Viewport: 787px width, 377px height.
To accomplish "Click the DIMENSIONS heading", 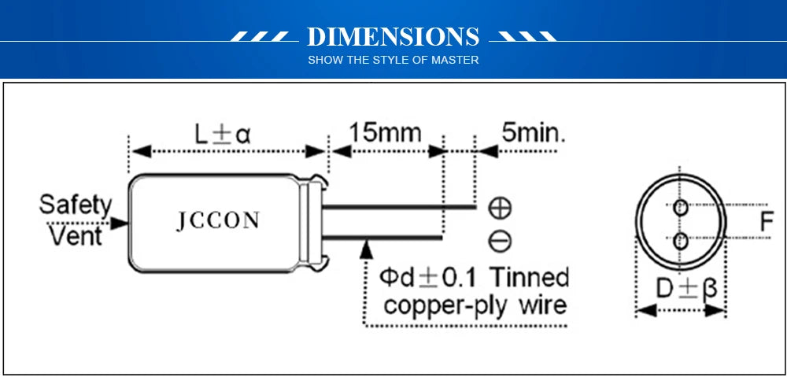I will point(393,37).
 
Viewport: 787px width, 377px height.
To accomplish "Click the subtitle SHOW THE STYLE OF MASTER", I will point(393,60).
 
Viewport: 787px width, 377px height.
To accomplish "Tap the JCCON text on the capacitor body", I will point(217,221).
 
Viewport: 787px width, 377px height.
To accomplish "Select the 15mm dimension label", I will point(385,131).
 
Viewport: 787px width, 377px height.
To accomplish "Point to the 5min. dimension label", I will point(534,131).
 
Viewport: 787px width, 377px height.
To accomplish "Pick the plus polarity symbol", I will point(500,208).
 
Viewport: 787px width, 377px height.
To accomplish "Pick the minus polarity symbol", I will point(500,240).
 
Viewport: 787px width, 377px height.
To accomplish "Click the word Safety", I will point(76,205).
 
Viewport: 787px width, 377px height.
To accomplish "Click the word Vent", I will point(76,235).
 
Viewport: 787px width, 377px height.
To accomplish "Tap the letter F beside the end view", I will point(767,223).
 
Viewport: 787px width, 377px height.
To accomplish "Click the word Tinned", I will point(529,277).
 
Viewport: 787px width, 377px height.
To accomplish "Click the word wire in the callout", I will point(541,305).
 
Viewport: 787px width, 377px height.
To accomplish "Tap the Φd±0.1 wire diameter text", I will point(430,277).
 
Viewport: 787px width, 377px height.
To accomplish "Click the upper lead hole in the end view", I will point(681,208).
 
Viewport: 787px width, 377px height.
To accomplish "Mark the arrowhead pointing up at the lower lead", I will point(365,248).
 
